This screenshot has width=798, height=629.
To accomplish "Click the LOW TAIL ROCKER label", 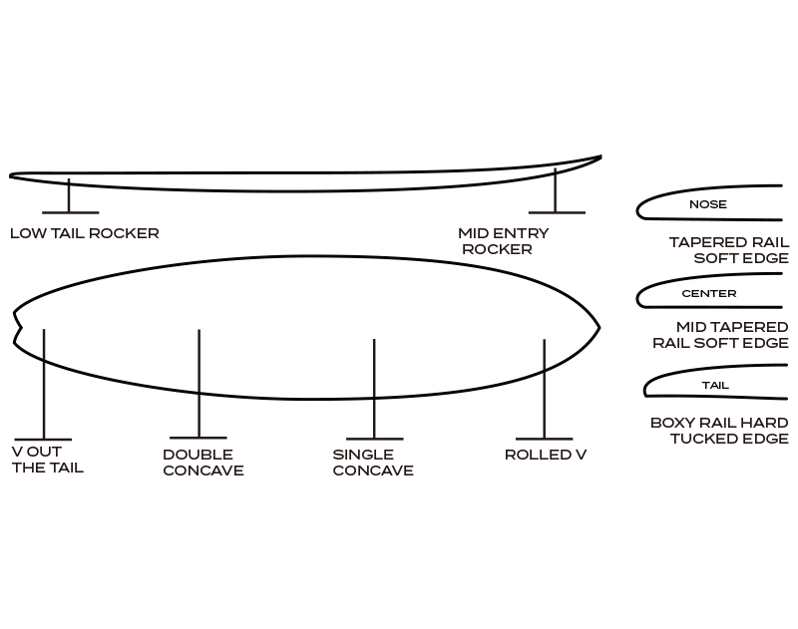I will tap(85, 233).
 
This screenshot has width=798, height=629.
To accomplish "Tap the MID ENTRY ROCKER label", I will tap(503, 241).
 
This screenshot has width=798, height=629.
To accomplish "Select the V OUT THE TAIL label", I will tap(47, 460).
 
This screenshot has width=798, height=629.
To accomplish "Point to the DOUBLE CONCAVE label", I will tap(202, 463).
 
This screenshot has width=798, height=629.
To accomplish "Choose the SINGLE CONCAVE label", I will tap(373, 463).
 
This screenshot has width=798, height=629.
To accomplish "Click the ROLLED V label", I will tap(545, 455).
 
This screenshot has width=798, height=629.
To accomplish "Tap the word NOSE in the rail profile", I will tap(708, 205).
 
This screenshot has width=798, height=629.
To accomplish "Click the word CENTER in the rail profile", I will tap(709, 294).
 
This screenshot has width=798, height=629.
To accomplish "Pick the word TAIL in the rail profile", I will tap(715, 386).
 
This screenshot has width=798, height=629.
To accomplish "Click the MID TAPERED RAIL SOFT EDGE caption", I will tap(720, 335).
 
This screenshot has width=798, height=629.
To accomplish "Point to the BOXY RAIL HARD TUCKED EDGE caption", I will tap(719, 431).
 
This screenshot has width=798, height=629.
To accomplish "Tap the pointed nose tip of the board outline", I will tap(598, 326).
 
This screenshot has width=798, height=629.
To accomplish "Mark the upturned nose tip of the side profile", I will tap(599, 157).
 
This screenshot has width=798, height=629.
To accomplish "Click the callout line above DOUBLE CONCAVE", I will tap(199, 384).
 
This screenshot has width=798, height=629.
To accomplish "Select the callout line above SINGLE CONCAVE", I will tap(374, 389).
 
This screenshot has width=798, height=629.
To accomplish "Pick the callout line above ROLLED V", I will tap(544, 389).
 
